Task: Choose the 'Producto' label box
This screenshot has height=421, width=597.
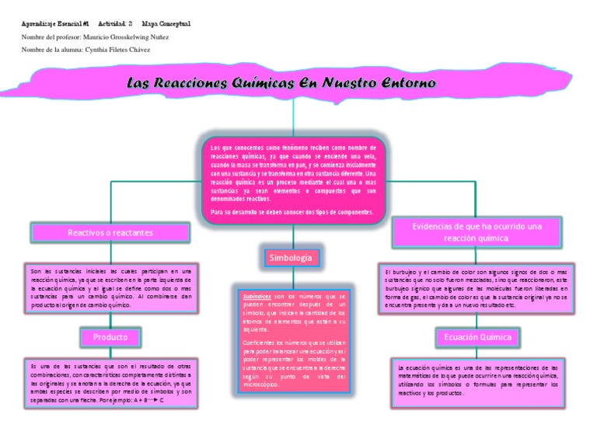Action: [x=110, y=338]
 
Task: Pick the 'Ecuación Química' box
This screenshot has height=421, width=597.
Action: [x=477, y=338]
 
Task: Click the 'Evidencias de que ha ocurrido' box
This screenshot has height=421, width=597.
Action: [x=477, y=231]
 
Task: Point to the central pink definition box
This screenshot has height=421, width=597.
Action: [x=292, y=179]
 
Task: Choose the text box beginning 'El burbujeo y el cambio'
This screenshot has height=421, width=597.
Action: [x=477, y=288]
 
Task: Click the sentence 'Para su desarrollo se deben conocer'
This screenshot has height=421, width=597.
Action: [x=292, y=211]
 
